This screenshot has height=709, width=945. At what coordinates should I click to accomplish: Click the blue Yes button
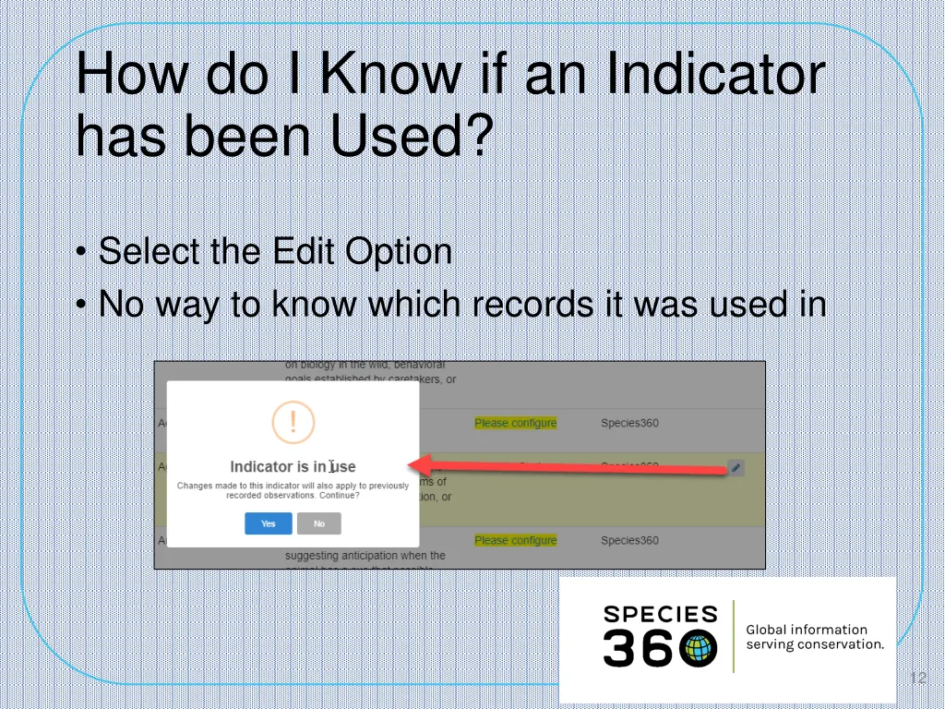coord(268,523)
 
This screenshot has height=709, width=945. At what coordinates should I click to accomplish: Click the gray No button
coord(318,523)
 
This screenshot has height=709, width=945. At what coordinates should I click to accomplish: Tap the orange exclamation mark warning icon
coord(293,423)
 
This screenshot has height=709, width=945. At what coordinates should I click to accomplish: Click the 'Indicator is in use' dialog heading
coord(293,466)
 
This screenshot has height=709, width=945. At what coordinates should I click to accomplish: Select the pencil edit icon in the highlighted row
coord(736,468)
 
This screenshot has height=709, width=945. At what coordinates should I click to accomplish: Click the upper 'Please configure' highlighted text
coord(515,423)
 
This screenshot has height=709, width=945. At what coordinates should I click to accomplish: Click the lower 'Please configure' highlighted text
coord(515,540)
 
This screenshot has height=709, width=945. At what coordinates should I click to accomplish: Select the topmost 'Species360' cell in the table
coord(629,423)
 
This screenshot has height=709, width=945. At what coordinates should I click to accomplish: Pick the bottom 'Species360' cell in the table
coord(629,540)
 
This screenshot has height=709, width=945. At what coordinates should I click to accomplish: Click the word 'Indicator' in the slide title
coord(714,76)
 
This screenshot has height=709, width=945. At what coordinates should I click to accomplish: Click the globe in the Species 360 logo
coord(699,649)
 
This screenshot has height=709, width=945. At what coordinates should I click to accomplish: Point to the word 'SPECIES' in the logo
coord(660,614)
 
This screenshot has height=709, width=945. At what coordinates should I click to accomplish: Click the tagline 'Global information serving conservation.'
coord(814,637)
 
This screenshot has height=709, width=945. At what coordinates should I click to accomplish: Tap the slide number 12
coord(917,679)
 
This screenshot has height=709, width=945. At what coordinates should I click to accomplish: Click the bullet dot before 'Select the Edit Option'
coord(82,252)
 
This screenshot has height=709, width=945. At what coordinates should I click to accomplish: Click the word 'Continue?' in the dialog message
coord(337,496)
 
